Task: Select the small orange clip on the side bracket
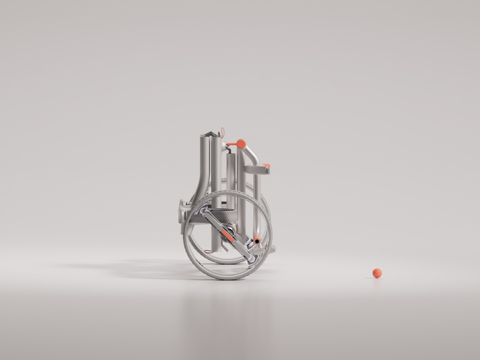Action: coord(267,165)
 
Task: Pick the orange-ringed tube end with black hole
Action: coord(257,241)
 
